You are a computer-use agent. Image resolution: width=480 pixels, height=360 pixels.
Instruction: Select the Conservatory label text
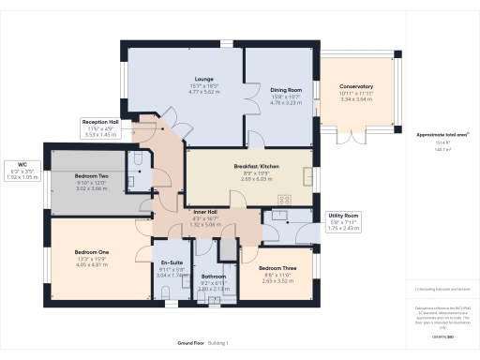coord(356,86)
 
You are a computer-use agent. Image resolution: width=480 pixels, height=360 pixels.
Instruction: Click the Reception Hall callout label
coord(100,122)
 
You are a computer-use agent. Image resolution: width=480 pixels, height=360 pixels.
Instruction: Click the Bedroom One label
coord(92,251)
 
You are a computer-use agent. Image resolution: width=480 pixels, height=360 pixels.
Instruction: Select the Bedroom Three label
coord(277,267)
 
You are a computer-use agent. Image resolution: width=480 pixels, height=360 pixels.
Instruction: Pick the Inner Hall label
coord(206,212)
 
